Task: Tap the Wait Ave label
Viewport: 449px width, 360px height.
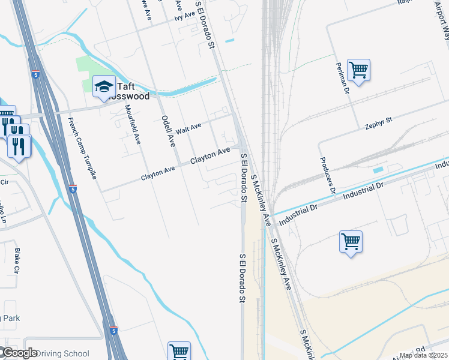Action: [188, 128]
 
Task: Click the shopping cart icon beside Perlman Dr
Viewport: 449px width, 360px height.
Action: [358, 70]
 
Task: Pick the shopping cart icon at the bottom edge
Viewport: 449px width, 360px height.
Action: [179, 351]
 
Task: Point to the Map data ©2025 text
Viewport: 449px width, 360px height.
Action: [424, 355]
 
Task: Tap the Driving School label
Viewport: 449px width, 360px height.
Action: [63, 353]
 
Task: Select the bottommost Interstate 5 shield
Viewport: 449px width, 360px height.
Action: [113, 331]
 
